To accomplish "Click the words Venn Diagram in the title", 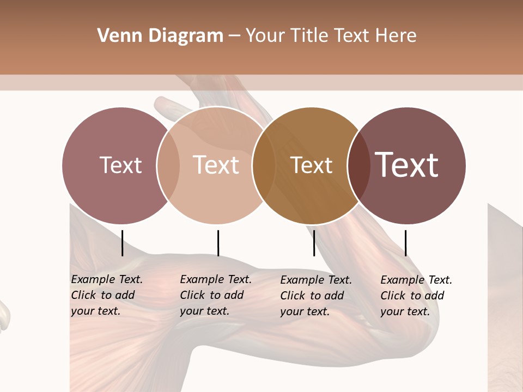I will [x=160, y=36].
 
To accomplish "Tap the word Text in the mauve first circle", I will [x=120, y=165].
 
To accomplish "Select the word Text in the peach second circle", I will [x=216, y=165].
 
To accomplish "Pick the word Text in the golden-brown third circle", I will [x=311, y=165].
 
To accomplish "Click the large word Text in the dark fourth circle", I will [x=407, y=165].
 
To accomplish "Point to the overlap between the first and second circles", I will [x=168, y=166].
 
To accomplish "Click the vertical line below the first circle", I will [x=123, y=243].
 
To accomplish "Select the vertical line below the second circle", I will [x=218, y=243].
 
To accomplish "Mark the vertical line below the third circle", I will [x=314, y=243].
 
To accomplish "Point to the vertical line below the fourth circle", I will [x=405, y=243].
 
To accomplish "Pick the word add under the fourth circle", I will [x=434, y=296].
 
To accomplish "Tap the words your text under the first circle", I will [x=95, y=311].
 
